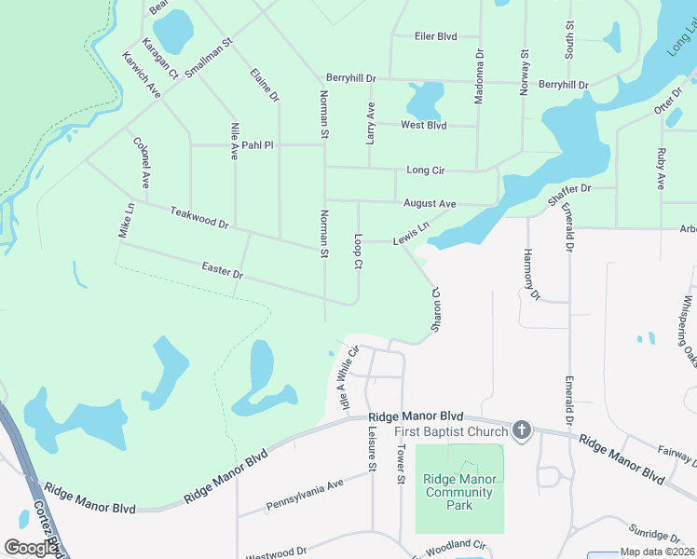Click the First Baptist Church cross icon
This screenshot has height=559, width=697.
click(522, 430)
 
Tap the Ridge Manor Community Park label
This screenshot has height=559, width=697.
click(459, 492)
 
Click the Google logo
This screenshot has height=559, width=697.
click(30, 547)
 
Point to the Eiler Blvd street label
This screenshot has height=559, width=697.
click(435, 36)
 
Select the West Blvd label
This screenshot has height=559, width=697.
click(424, 126)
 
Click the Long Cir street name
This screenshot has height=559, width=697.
click(426, 170)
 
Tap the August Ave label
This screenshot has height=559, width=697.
click(430, 203)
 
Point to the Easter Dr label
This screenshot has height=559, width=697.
click(222, 271)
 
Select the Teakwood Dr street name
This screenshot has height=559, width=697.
click(199, 218)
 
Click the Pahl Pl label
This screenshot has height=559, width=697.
click(257, 145)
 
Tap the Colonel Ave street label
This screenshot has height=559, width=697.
click(142, 162)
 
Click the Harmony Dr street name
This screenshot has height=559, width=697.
click(531, 275)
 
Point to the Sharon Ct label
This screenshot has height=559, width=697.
click(434, 307)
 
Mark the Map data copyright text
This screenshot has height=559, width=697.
click(654, 552)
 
